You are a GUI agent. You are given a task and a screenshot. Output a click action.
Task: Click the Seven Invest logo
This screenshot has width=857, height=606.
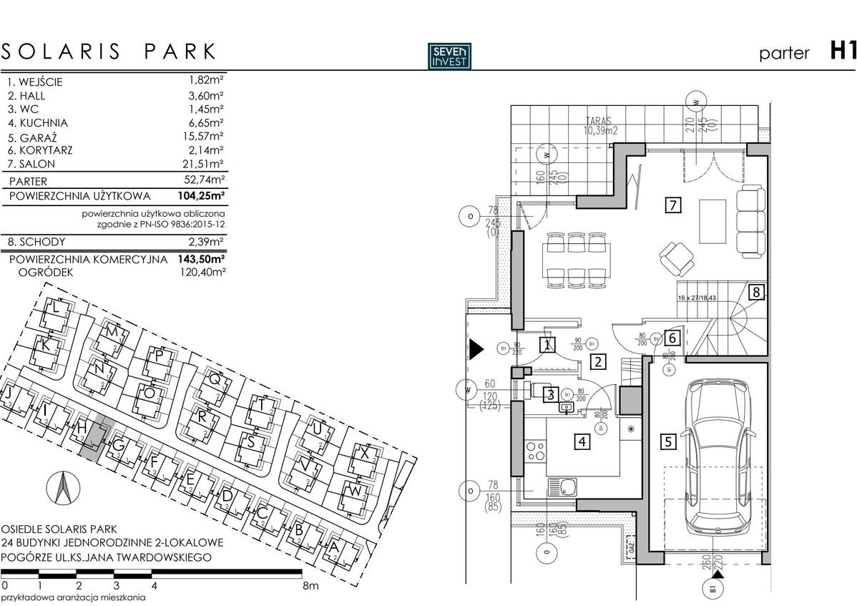(449, 55)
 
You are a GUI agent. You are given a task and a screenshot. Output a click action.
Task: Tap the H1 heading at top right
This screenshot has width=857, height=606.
(842, 52)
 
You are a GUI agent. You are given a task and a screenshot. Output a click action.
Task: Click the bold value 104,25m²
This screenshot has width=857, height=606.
(201, 195)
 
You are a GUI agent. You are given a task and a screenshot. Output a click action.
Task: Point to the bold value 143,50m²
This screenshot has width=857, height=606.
(201, 259)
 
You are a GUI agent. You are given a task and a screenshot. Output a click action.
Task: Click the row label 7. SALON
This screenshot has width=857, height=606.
(31, 165)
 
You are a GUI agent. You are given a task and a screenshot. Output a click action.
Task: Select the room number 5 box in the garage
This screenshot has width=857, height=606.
(667, 441)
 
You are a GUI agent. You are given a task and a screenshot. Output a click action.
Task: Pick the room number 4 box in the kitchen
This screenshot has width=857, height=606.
(583, 441)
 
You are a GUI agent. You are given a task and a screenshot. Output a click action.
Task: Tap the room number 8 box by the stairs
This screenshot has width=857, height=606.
(756, 292)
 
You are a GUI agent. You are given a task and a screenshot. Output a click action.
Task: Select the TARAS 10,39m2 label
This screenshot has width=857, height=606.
(600, 126)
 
